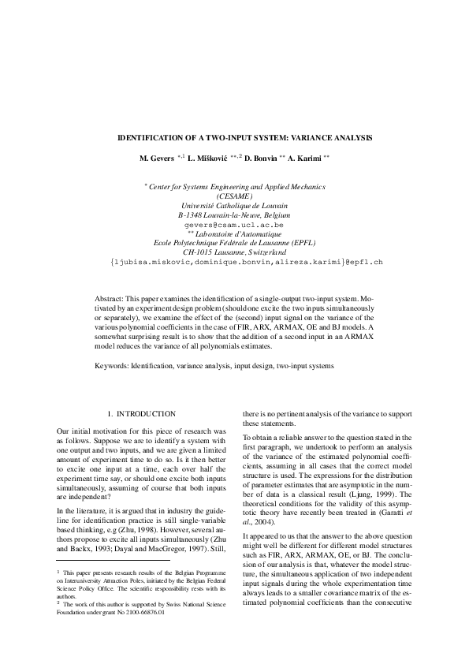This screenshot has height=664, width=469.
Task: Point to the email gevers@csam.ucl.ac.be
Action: coord(234,225)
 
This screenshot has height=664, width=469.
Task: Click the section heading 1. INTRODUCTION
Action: coord(141,413)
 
